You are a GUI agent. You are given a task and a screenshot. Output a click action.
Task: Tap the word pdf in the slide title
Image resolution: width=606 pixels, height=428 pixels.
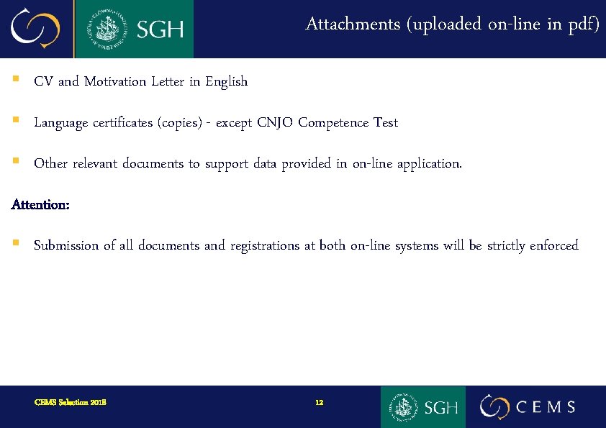(582, 24)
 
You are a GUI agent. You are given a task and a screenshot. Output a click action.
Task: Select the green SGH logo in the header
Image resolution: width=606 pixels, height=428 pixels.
(134, 29)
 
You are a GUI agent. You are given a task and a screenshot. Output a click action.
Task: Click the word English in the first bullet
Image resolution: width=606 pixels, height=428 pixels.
(226, 81)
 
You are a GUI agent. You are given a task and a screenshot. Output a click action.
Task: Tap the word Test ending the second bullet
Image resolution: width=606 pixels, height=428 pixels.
(385, 122)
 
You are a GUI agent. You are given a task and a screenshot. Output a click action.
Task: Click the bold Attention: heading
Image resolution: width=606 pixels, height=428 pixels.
(40, 205)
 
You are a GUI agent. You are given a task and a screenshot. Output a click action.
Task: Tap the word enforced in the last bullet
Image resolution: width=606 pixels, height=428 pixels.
(553, 245)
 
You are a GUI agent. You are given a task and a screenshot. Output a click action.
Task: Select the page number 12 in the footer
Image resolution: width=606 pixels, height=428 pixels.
(320, 402)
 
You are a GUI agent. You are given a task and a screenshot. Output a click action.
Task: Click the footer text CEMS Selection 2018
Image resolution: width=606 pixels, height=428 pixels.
(71, 402)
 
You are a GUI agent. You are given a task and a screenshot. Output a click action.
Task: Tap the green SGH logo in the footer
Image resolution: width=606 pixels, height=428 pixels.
(423, 406)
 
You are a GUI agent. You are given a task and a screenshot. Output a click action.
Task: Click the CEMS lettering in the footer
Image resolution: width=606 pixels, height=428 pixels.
(546, 407)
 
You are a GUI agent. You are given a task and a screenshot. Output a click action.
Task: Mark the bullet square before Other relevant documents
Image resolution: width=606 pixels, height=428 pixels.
(15, 163)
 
